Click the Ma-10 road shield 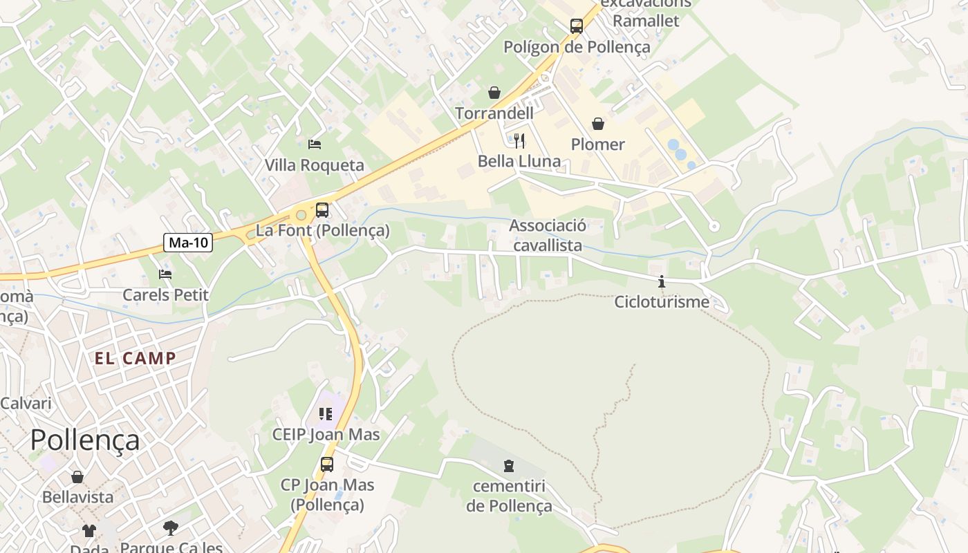(x=188, y=243)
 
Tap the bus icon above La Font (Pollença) (x=322, y=210)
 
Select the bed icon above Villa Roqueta (x=315, y=144)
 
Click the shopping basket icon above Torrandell (x=494, y=93)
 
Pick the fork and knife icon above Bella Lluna (x=519, y=141)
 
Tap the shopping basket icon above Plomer (x=598, y=124)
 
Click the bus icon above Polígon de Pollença (x=577, y=26)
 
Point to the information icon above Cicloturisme (x=662, y=281)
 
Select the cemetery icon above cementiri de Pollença (x=509, y=465)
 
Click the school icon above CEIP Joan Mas (x=326, y=414)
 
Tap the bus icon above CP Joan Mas (x=327, y=465)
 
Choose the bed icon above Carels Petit (x=165, y=274)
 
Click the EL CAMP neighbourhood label (x=136, y=358)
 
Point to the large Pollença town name (x=85, y=440)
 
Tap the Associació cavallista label (x=548, y=235)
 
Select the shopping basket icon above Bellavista (x=77, y=477)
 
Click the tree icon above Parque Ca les (x=170, y=528)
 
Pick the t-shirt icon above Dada (x=89, y=531)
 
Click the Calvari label (x=26, y=403)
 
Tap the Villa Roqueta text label (x=315, y=165)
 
